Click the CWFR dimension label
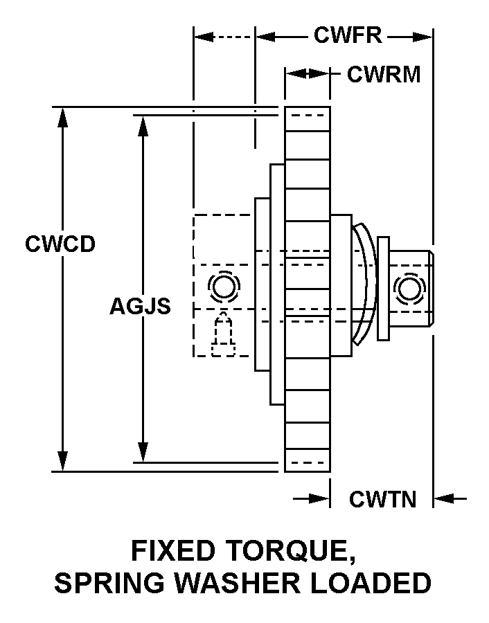(348, 35)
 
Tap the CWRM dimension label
(384, 74)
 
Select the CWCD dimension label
(60, 244)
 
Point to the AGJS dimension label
(140, 306)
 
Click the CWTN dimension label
(382, 498)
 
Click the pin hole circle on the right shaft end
(408, 288)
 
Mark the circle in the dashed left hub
(222, 286)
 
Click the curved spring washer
(366, 284)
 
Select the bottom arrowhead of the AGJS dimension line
(143, 453)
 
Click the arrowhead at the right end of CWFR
(424, 36)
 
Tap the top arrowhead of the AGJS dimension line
(143, 125)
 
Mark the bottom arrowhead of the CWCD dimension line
(63, 462)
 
